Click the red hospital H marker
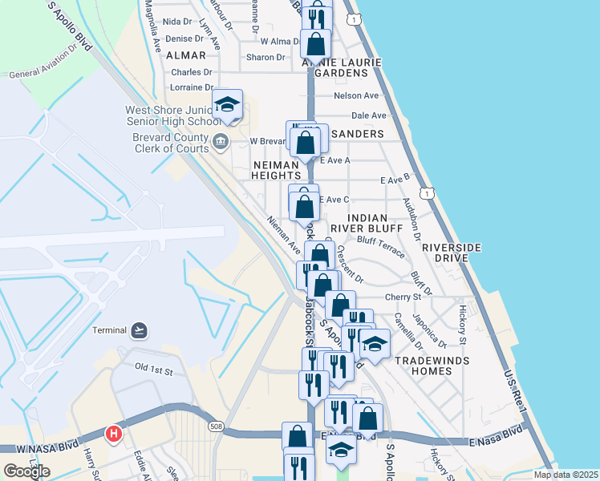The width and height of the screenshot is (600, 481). click(114, 434)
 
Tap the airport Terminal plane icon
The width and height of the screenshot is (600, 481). click(140, 329)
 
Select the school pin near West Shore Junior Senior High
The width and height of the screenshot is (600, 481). click(228, 104)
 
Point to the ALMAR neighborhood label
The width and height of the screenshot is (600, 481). click(185, 55)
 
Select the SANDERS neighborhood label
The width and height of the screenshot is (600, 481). click(356, 133)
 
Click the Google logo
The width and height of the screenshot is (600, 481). click(26, 471)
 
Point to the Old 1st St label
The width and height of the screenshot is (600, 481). click(154, 368)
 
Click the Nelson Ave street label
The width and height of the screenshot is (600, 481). click(355, 95)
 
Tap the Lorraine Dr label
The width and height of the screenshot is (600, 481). click(192, 87)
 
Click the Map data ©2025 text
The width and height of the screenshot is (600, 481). click(566, 475)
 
